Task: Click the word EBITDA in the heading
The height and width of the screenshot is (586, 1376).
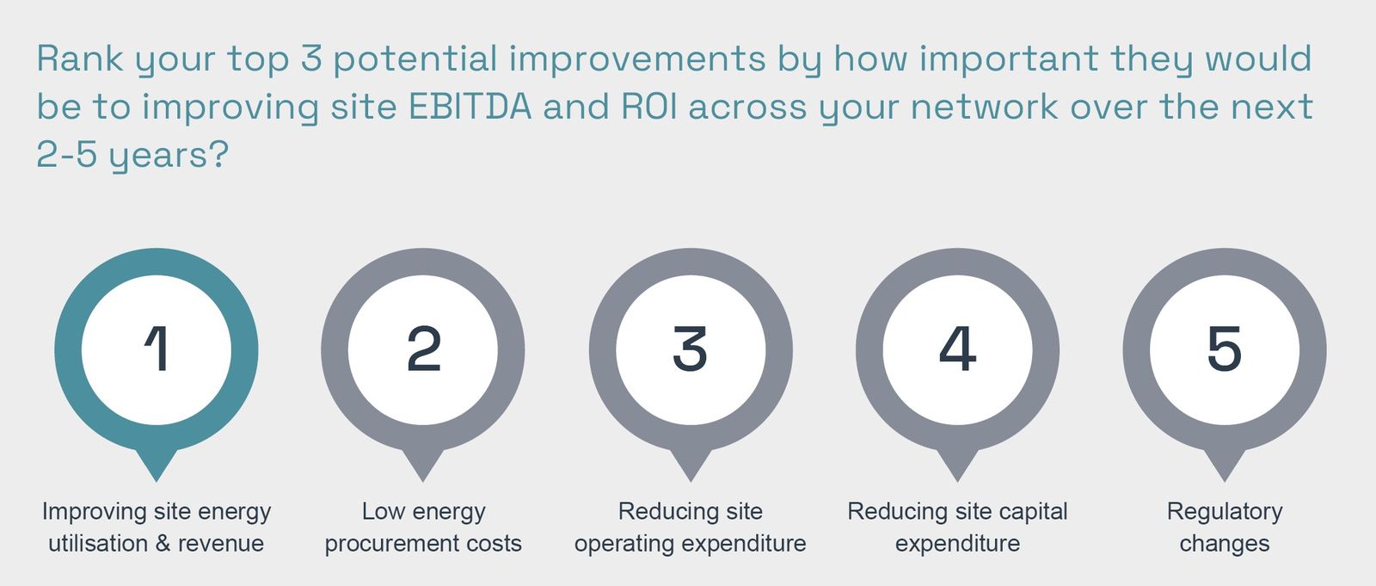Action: pyautogui.click(x=470, y=107)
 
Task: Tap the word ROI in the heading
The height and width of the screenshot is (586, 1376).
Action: pyautogui.click(x=649, y=107)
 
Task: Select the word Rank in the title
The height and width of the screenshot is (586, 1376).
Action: pyautogui.click(x=80, y=59)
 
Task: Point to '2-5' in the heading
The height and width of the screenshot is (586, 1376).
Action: pyautogui.click(x=66, y=154)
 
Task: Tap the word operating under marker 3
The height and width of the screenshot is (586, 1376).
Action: pyautogui.click(x=624, y=544)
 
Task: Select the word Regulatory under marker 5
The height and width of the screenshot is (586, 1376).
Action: pyautogui.click(x=1225, y=512)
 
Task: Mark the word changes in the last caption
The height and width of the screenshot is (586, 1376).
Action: pyautogui.click(x=1225, y=544)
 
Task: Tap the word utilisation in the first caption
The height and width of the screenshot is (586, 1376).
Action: pyautogui.click(x=98, y=544)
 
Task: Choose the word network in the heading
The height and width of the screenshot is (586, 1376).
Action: pyautogui.click(x=984, y=107)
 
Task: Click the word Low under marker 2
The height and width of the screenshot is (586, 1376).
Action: pyautogui.click(x=384, y=512)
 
